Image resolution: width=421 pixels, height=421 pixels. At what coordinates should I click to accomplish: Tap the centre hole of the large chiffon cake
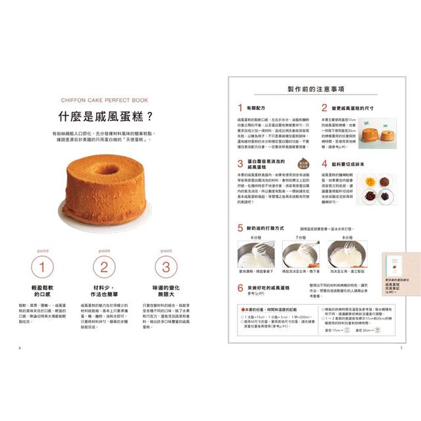107,169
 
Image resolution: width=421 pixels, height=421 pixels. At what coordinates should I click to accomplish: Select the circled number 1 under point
42,267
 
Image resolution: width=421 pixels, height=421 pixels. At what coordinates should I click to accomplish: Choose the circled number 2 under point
103,267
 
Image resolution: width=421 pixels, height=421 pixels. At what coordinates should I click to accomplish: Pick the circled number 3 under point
166,267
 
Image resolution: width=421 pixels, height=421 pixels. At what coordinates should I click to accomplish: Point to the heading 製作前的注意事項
316,90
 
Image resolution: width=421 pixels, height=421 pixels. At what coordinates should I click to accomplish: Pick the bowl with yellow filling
370,180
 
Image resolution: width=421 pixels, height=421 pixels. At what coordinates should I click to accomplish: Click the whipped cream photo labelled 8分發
347,255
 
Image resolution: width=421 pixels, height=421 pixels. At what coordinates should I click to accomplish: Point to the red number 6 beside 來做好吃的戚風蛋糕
240,288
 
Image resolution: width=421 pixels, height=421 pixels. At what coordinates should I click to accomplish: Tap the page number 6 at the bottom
20,347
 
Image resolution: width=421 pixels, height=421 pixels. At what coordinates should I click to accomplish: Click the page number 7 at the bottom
401,347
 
